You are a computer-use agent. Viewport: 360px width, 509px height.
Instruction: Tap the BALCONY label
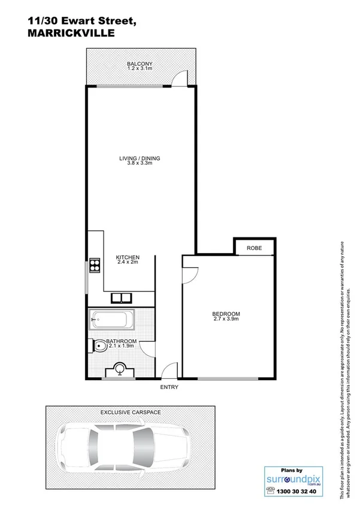[x=140, y=64]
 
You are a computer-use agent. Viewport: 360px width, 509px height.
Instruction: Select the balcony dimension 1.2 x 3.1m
[x=140, y=69]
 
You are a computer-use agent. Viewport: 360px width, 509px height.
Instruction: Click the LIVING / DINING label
[x=140, y=158]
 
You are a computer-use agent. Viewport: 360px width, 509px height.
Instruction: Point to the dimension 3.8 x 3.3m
[x=140, y=164]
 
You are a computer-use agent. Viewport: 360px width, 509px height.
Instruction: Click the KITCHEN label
[x=128, y=257]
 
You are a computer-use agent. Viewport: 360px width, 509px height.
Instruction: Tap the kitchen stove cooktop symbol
[x=95, y=264]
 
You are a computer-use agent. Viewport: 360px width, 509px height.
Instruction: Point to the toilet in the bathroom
[x=98, y=345]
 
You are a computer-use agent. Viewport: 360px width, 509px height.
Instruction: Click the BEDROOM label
[x=226, y=314]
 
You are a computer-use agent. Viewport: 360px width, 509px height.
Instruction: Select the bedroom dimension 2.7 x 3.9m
[x=226, y=320]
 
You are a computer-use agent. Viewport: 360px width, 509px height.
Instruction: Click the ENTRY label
[x=169, y=387]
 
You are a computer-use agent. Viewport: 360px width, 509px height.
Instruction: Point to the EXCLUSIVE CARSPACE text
[x=130, y=413]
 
